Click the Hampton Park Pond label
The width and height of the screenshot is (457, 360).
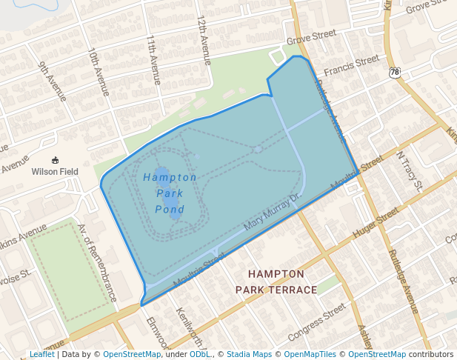pyautogui.click(x=170, y=193)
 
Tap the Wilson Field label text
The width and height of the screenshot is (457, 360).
pyautogui.click(x=55, y=171)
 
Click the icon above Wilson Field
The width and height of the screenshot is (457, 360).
pyautogui.click(x=55, y=159)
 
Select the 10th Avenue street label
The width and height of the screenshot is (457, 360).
pyautogui.click(x=98, y=73)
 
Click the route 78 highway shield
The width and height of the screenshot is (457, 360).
pyautogui.click(x=395, y=72)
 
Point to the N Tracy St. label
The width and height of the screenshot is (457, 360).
pyautogui.click(x=409, y=172)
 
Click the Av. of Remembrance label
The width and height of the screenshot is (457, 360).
pyautogui.click(x=97, y=263)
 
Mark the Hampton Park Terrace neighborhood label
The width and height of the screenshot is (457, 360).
pyautogui.click(x=276, y=281)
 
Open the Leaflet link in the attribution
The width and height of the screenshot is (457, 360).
pyautogui.click(x=41, y=354)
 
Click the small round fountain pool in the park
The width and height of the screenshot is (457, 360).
pyautogui.click(x=257, y=149)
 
